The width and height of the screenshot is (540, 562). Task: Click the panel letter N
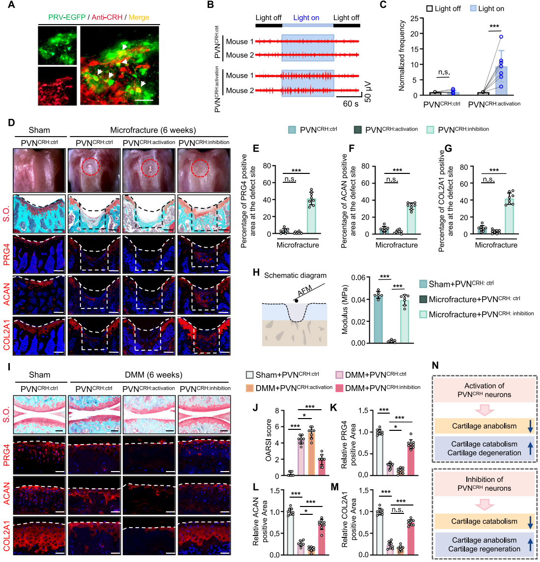coord(435,365)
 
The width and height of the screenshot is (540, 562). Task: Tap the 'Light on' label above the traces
coord(306,18)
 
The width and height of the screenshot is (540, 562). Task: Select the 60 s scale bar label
coord(350,104)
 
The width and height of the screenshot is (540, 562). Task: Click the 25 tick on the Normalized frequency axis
coord(414,19)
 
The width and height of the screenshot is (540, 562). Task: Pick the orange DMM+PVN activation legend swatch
coord(250,388)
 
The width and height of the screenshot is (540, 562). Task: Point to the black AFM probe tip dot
coord(296,299)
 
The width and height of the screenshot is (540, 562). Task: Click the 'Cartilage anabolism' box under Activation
coord(484,426)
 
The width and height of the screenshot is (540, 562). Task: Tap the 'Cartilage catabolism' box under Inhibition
coord(484,521)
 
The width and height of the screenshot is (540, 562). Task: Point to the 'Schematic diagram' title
coord(295,276)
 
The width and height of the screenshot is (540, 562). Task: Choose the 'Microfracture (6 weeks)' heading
coord(153,130)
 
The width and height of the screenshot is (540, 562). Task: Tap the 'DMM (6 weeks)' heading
coord(153,375)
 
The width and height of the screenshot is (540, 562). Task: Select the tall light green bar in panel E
coord(311,216)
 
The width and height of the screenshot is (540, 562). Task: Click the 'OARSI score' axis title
coord(269,443)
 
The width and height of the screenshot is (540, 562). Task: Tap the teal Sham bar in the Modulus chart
coord(378,318)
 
